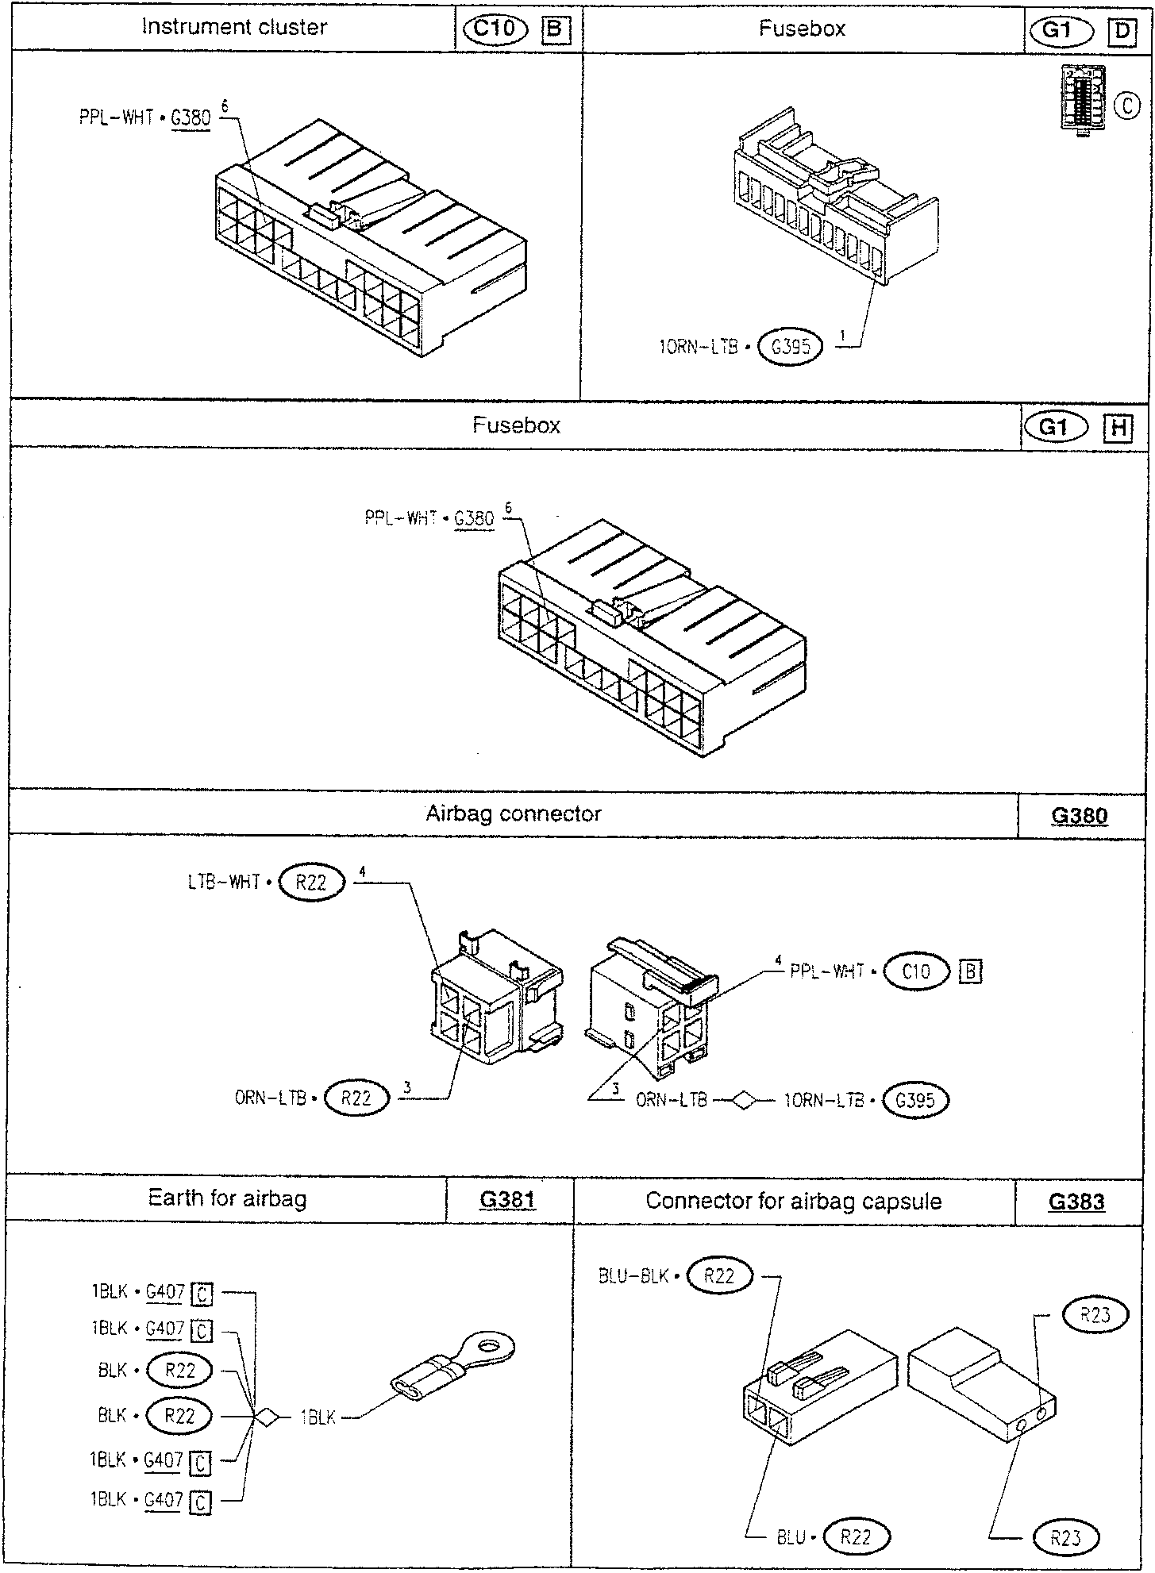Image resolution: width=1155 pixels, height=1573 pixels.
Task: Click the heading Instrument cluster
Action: coord(234,27)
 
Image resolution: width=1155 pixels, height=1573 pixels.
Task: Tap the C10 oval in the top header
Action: coord(495,29)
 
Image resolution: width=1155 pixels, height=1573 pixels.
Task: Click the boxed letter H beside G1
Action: coord(1118,429)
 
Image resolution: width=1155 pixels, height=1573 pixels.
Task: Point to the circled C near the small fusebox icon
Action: coord(1127,106)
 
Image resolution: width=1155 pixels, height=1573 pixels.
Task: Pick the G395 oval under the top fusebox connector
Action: coord(791,347)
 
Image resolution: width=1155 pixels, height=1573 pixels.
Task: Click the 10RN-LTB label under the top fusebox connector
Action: coord(699,347)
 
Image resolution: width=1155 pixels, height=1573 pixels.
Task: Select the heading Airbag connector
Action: coord(514,813)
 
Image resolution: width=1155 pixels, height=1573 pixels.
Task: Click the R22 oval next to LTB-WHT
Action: coord(311,883)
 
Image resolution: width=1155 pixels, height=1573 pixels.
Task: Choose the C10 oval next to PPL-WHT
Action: coord(916,971)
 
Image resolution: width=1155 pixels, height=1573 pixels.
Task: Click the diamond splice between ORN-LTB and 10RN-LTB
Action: coord(745,1101)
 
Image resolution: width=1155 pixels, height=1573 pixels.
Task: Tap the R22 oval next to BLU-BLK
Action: coord(720,1275)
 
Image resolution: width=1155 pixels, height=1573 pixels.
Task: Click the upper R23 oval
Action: coord(1095,1315)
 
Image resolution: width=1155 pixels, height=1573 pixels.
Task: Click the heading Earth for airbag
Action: coord(227,1436)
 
